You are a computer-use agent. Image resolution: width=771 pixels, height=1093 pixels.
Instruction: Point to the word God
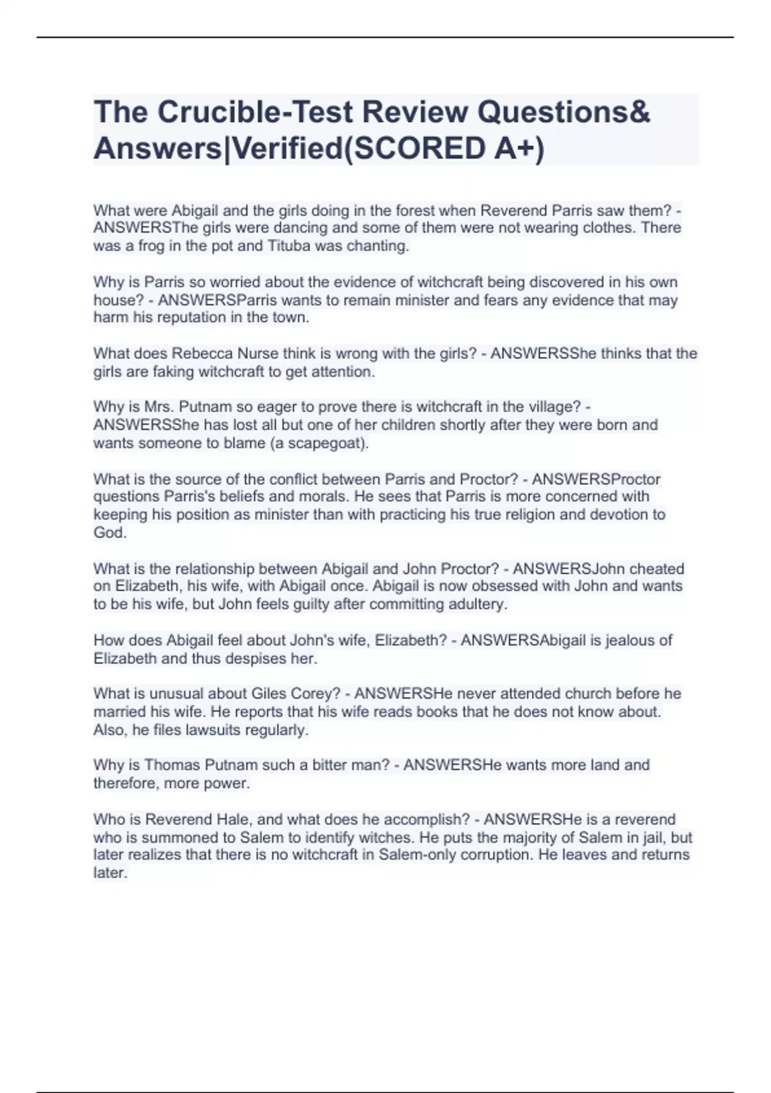click(109, 532)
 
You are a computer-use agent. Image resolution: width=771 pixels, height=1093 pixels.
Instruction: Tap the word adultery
click(475, 604)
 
